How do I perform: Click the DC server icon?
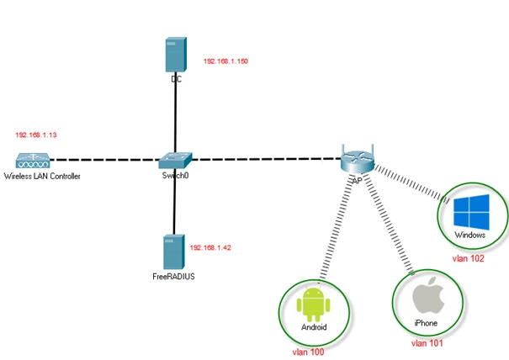[x=175, y=55]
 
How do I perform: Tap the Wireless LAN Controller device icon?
[x=33, y=160]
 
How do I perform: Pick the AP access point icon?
[x=356, y=159]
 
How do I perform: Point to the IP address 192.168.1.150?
[x=225, y=61]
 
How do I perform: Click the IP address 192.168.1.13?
[x=35, y=135]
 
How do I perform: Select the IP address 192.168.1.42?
[x=210, y=248]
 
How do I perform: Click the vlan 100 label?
[x=308, y=351]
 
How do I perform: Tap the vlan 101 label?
[x=427, y=343]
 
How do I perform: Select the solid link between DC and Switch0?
[x=175, y=114]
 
